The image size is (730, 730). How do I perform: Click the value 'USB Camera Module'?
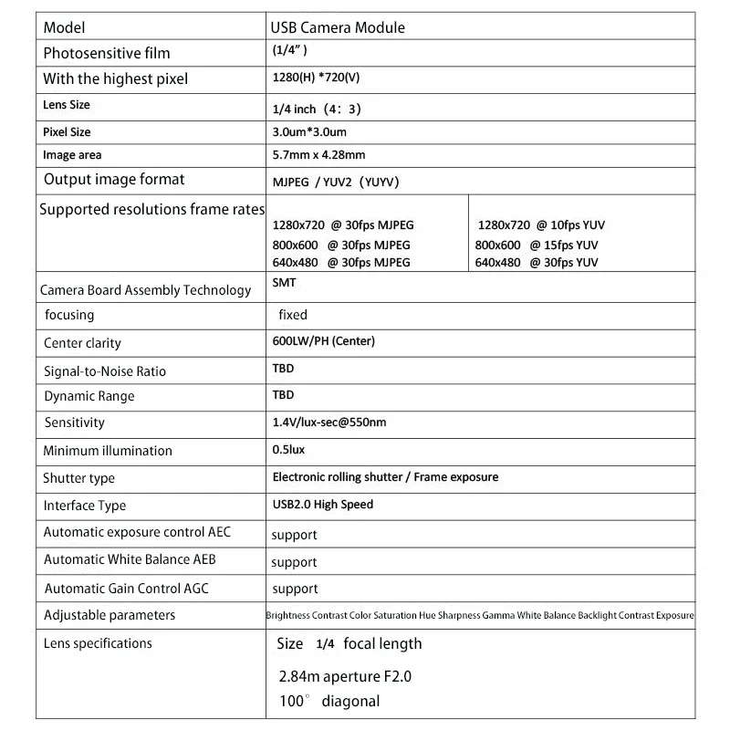coord(338,27)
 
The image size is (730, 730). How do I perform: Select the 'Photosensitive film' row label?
coord(107,53)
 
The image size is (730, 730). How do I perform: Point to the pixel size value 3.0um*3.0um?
coord(309,132)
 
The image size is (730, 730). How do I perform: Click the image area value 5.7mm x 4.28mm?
coord(318,155)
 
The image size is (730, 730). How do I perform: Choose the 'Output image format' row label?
coord(114,180)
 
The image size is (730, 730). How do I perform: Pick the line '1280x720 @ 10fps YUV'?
coord(541,224)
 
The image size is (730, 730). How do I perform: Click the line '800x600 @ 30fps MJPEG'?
coord(341,245)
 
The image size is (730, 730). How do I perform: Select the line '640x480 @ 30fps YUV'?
coord(537,263)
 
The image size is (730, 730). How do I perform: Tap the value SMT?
coord(284,283)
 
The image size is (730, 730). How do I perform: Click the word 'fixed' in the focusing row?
coord(293,315)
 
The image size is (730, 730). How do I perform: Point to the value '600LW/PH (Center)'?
coord(324,341)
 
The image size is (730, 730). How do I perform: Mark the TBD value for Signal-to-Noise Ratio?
coord(283,370)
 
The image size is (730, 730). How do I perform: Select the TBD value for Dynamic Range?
coord(283,395)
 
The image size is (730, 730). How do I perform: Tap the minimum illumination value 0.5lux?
coord(289,450)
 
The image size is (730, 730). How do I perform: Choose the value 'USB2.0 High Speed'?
coord(323,504)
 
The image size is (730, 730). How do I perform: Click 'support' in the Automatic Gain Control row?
coord(294,589)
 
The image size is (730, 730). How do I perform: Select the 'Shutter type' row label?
coord(79,478)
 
